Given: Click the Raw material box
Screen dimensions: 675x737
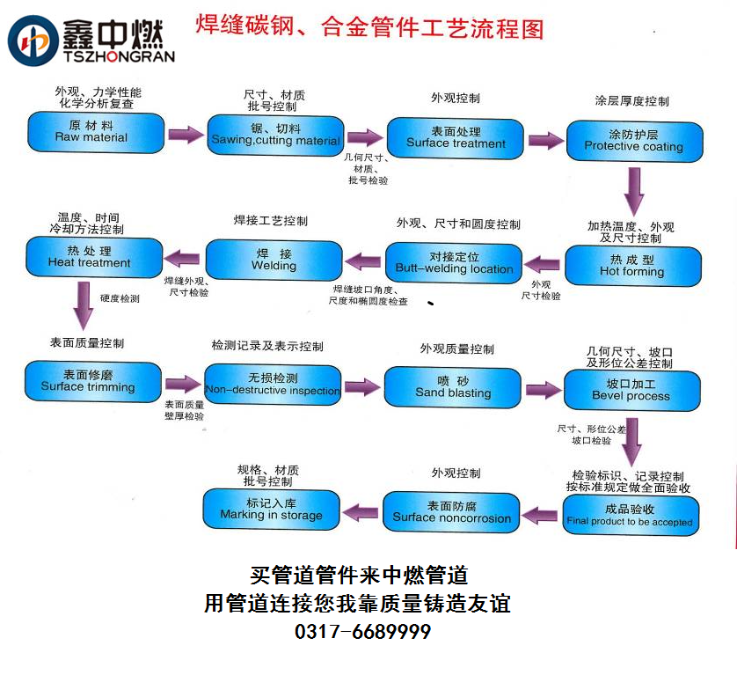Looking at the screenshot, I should click(x=95, y=131).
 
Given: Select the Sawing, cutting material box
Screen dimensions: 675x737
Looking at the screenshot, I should click(x=275, y=135).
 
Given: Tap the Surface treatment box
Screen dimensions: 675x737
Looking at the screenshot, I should click(x=456, y=137).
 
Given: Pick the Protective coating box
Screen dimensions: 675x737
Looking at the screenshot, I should click(x=633, y=141).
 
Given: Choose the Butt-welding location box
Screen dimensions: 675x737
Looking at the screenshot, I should click(x=454, y=263).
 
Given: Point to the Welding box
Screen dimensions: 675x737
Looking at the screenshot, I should click(x=274, y=260).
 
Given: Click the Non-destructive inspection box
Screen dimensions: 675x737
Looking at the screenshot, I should click(x=272, y=385).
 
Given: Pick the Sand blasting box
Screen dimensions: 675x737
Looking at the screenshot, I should click(x=452, y=387).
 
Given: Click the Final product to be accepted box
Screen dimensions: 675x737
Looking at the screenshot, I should click(x=630, y=515).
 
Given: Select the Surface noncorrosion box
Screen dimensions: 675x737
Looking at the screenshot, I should click(x=451, y=512).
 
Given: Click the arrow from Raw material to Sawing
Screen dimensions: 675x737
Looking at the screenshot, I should click(x=186, y=135).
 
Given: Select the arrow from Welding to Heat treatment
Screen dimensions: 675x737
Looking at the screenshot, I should click(x=183, y=258).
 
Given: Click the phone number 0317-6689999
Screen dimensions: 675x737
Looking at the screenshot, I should click(x=361, y=631).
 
